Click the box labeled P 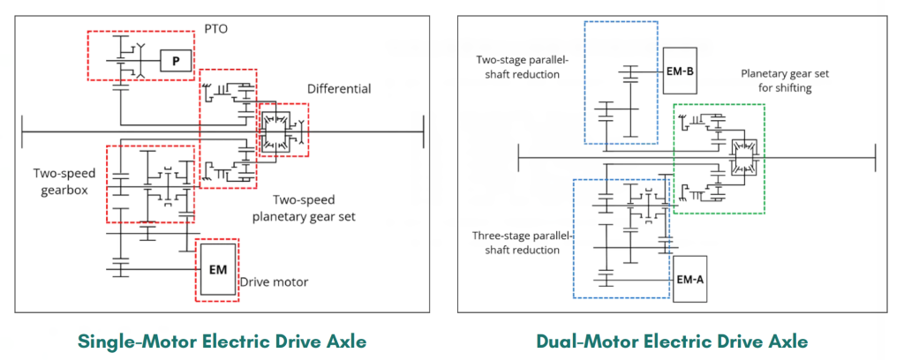[176, 60]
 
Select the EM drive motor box [217, 270]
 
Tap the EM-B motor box [680, 71]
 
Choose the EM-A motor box [689, 279]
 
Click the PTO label [216, 28]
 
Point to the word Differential [339, 89]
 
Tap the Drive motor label [274, 282]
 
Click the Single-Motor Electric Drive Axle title [222, 341]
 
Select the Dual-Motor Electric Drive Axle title [672, 341]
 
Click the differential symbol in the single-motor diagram [276, 131]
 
